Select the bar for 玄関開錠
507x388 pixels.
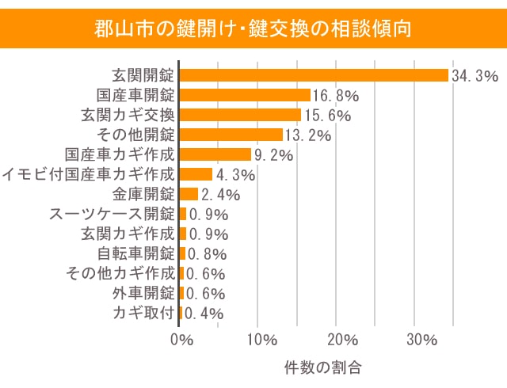314,75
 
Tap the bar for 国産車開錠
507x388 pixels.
246,95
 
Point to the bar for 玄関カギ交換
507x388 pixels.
241,115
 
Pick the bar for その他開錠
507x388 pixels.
231,135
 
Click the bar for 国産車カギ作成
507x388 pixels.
215,154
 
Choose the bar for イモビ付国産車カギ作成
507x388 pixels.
196,174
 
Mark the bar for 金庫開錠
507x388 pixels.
189,194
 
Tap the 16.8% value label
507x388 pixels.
336,96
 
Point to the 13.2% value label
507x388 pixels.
307,135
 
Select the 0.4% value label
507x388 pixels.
204,314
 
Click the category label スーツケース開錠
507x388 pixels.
111,214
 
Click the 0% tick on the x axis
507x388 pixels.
181,340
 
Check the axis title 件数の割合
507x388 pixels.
322,368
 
